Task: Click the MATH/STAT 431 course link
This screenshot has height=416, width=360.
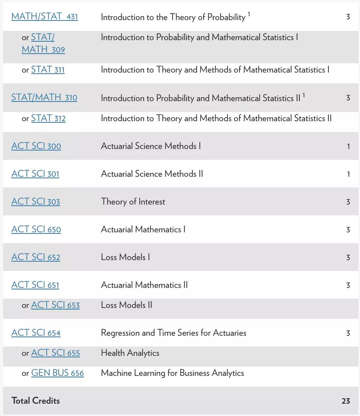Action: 44,17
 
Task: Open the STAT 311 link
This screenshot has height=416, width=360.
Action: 48,70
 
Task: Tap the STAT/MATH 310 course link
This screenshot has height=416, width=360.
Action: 44,98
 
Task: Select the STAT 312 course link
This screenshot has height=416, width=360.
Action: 48,118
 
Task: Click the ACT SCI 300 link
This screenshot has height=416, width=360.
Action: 36,146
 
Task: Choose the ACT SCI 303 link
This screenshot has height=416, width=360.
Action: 36,202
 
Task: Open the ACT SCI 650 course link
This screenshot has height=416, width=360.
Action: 36,230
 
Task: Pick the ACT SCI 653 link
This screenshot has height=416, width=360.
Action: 55,305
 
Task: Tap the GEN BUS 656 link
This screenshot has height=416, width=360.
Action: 57,373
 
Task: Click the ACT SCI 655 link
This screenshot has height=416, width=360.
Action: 55,353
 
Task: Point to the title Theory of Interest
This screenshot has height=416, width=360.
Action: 133,202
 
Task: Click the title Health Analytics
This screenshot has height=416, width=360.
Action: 130,353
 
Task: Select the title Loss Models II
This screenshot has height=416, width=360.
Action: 126,305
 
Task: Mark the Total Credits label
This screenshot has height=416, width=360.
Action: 36,401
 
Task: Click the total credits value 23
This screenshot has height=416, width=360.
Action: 346,401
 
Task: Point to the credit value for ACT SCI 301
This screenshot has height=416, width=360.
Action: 348,174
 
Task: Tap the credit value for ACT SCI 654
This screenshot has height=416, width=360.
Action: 348,333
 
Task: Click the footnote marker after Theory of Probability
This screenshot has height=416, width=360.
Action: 249,14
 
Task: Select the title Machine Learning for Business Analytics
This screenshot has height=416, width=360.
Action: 172,373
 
